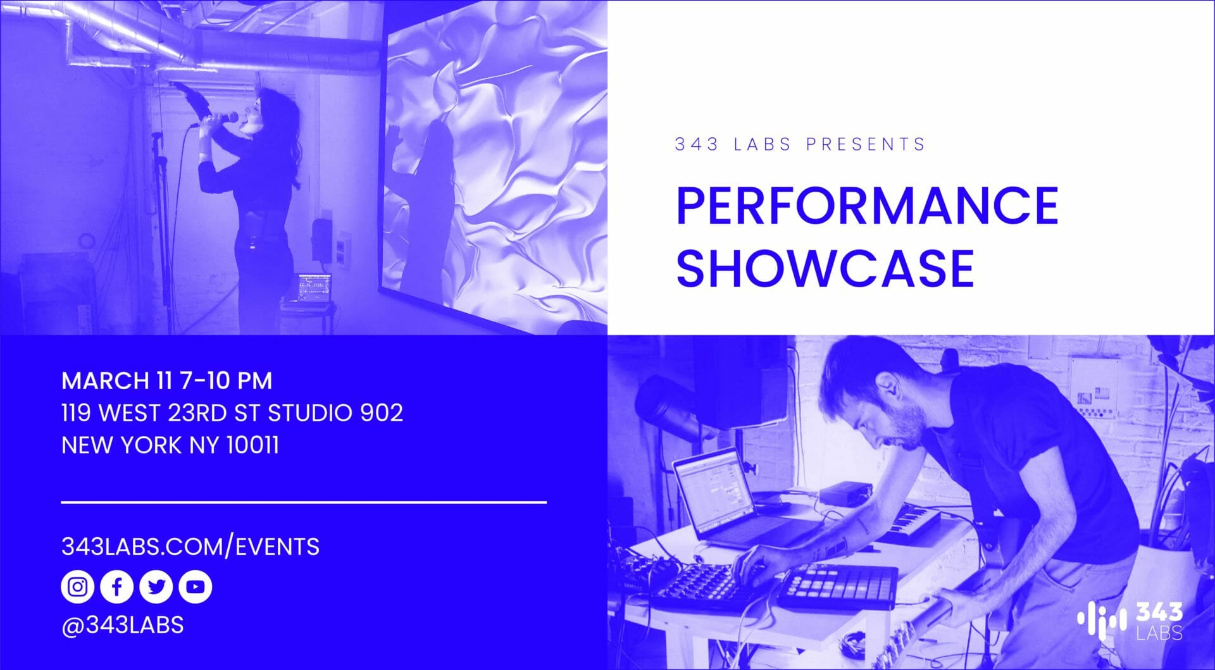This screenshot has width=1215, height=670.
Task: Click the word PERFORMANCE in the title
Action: [867, 206]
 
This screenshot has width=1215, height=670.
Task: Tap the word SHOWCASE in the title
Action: [825, 268]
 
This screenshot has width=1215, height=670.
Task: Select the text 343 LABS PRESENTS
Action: [800, 144]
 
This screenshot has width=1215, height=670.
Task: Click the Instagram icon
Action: [77, 586]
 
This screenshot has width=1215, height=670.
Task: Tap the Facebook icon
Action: [116, 586]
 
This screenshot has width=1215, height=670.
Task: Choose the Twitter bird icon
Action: [156, 586]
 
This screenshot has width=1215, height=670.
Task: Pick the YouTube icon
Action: [195, 586]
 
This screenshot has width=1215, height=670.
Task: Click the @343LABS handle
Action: [123, 625]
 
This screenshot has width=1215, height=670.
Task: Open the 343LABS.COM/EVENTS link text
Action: [190, 546]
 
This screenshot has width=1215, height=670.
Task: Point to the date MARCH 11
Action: [117, 381]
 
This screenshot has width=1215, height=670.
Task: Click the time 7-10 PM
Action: [226, 381]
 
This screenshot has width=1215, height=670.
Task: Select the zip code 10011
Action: [252, 445]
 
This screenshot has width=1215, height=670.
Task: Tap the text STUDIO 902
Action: [335, 413]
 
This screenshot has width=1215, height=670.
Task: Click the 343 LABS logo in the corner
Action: [1130, 620]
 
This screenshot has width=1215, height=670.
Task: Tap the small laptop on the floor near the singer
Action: [313, 291]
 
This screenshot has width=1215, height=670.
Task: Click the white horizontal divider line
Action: [304, 502]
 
